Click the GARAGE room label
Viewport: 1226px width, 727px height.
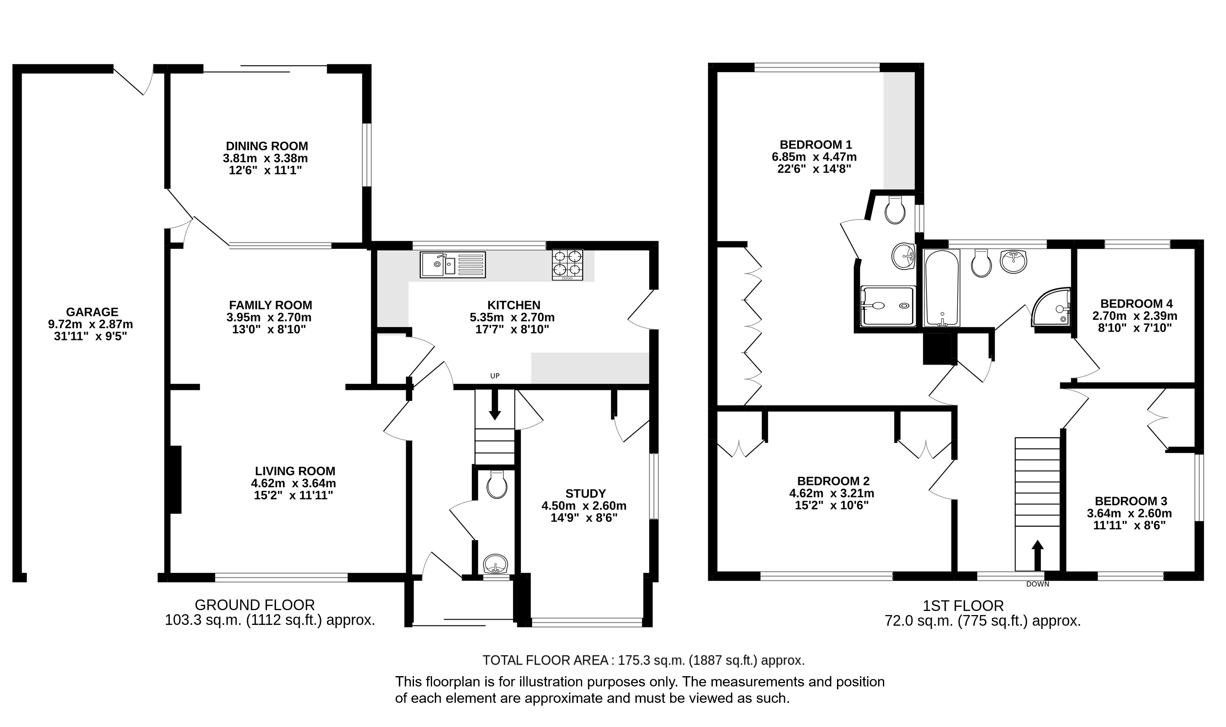[x=92, y=312]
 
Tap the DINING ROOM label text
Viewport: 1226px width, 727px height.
[x=267, y=146]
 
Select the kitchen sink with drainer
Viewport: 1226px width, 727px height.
[x=453, y=264]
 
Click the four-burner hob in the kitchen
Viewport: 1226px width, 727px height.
[x=567, y=264]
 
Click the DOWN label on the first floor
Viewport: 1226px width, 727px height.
[x=1037, y=584]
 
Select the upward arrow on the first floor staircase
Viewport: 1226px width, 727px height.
[x=1037, y=556]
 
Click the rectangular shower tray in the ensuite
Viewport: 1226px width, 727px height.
[x=888, y=306]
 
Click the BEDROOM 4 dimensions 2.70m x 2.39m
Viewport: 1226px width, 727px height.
[x=1135, y=316]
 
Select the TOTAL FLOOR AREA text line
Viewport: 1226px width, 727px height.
[x=644, y=661]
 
